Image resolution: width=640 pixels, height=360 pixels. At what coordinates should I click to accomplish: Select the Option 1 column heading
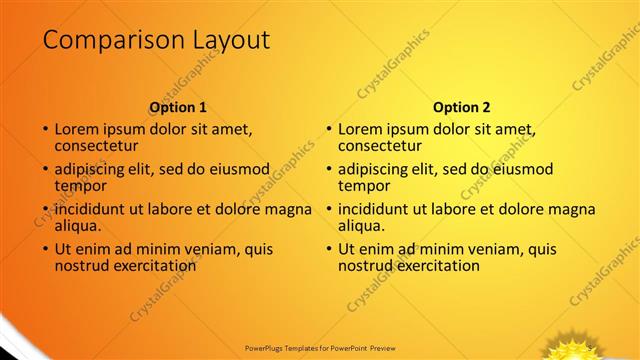pyautogui.click(x=178, y=107)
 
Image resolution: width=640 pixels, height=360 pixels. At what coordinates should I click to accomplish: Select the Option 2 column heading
pyautogui.click(x=462, y=107)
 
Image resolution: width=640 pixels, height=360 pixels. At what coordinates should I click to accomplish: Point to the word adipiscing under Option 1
pyautogui.click(x=94, y=170)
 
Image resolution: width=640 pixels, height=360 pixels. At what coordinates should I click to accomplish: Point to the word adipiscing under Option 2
pyautogui.click(x=378, y=170)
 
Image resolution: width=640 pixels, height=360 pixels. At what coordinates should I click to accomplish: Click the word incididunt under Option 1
pyautogui.click(x=95, y=210)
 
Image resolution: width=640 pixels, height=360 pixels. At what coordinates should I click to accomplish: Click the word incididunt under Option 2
pyautogui.click(x=379, y=210)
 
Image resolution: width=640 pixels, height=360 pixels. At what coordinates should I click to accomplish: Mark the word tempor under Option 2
pyautogui.click(x=363, y=186)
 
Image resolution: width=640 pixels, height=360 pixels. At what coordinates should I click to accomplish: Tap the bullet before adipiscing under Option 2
pyautogui.click(x=328, y=170)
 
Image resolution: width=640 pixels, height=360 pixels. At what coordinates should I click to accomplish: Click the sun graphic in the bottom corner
pyautogui.click(x=576, y=347)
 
